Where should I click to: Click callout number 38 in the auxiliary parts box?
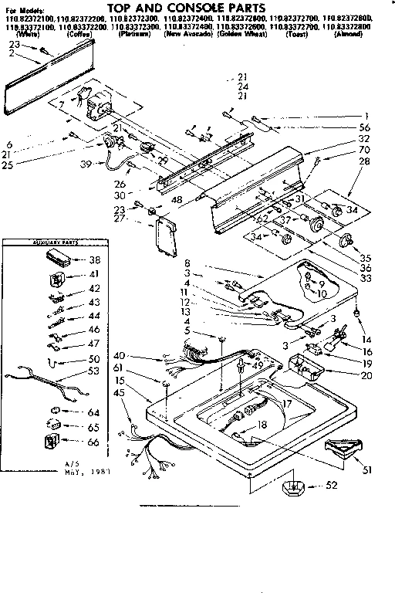coord(95,260)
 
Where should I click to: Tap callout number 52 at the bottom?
coord(330,486)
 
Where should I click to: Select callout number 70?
coord(365,148)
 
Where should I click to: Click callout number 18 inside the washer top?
coord(262,425)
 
